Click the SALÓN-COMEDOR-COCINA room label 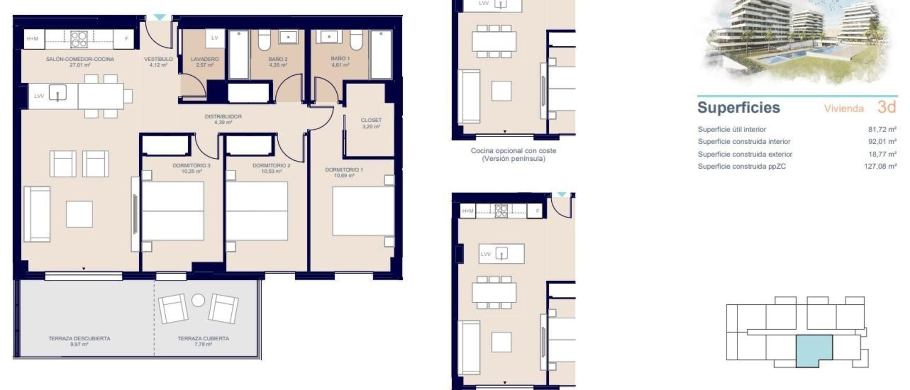80,59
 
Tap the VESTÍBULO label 158,59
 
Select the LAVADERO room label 205,59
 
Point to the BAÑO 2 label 278,59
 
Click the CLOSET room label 371,120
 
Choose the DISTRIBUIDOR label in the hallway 223,116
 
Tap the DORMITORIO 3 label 191,165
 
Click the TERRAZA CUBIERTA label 203,338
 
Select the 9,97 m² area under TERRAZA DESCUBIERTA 79,345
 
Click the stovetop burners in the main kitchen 79,39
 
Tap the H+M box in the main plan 33,39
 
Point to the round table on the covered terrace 198,300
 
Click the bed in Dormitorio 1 363,211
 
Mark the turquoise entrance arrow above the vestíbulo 160,17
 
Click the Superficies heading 739,108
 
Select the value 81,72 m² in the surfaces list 882,130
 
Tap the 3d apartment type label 886,107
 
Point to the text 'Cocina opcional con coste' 513,150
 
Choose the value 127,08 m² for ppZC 880,166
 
